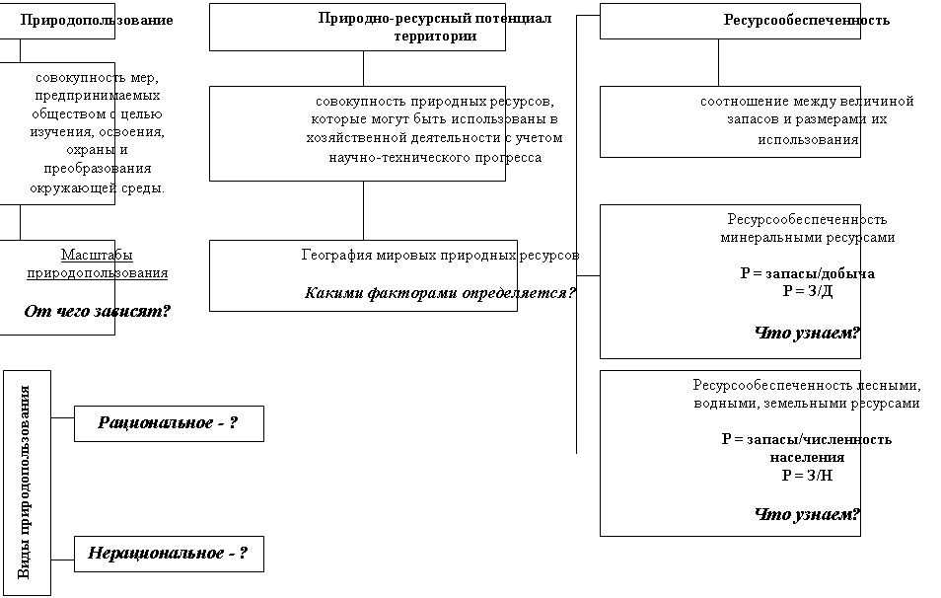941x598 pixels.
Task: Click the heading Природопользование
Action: coord(97,20)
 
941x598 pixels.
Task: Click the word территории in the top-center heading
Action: coord(435,37)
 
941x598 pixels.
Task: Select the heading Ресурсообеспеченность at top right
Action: coord(807,20)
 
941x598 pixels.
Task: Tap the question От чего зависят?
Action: coord(98,311)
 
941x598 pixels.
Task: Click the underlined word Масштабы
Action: coord(97,255)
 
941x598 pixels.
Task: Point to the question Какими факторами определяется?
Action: coord(440,293)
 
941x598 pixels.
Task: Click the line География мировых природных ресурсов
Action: coord(440,256)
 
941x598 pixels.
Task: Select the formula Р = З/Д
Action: coord(808,291)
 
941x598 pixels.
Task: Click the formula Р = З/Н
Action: coord(807,476)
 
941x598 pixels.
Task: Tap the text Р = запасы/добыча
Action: coord(807,273)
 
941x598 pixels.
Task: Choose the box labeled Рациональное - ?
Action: coord(169,424)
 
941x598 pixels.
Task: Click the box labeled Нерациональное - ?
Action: coord(169,555)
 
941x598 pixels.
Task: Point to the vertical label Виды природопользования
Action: coord(24,483)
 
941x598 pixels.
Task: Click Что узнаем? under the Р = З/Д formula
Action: coord(807,333)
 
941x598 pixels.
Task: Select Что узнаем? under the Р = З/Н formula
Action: coord(807,514)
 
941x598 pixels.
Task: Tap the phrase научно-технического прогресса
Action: coord(435,158)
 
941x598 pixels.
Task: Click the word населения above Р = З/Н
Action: coord(807,458)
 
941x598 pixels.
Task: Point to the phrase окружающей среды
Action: coord(97,187)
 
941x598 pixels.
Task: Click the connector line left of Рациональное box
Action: coord(62,417)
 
